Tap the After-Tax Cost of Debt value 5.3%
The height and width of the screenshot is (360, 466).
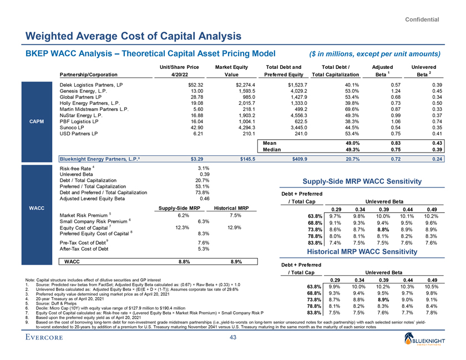[x=202, y=249]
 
